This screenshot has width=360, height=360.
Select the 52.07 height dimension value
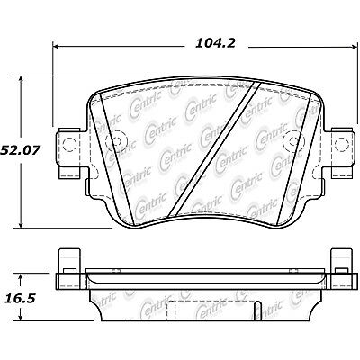coord(23,141)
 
